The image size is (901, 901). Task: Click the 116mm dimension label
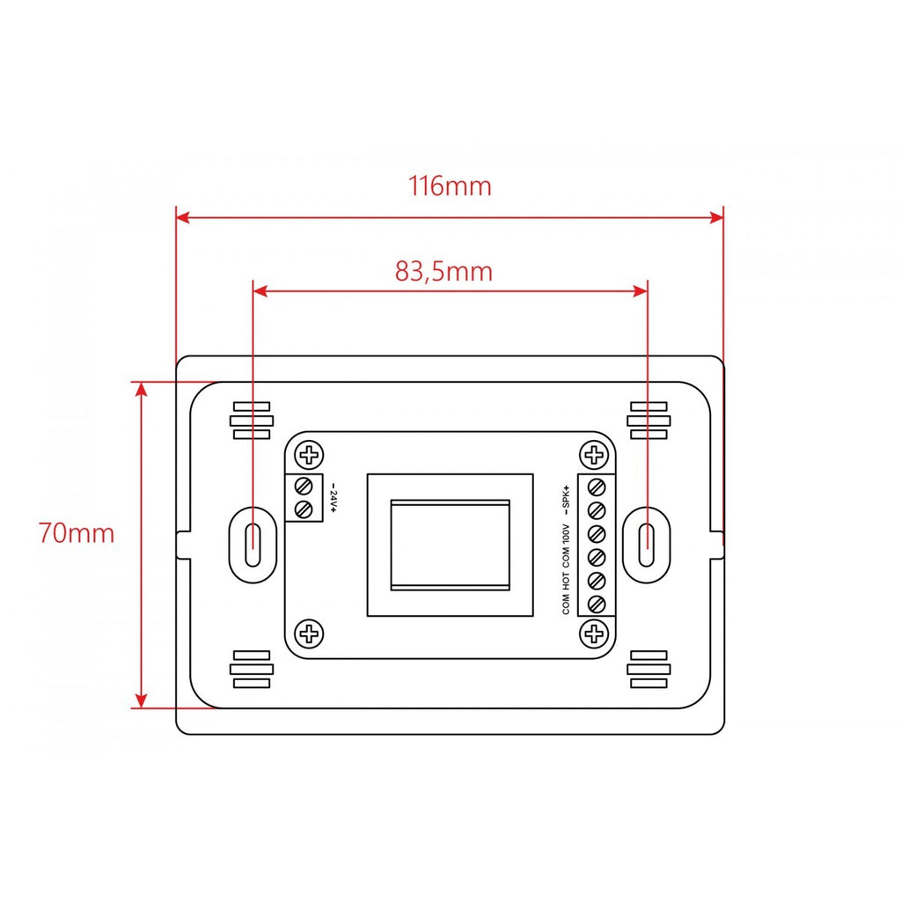450,187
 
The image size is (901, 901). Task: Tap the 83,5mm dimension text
443,271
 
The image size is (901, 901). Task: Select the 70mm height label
77,532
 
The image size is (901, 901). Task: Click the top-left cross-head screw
309,455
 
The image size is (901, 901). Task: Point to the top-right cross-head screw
594,455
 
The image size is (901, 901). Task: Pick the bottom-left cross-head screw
309,634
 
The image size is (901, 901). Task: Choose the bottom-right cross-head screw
594,634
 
